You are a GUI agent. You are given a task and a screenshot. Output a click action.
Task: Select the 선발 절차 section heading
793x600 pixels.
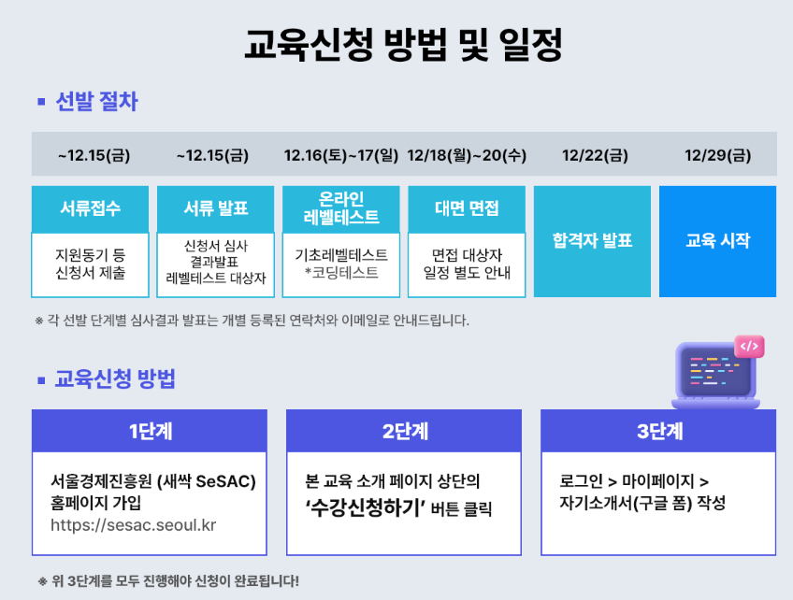tap(96, 101)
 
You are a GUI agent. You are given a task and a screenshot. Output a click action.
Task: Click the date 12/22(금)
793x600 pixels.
tap(592, 155)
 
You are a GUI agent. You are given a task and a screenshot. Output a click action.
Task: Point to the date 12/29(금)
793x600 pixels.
tap(717, 155)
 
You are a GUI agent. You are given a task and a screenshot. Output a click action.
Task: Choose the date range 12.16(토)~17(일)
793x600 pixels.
tap(341, 155)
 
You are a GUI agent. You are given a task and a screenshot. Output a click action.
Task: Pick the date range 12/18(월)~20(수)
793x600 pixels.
tap(467, 155)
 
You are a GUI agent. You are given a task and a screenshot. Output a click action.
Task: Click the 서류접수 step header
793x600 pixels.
tap(91, 208)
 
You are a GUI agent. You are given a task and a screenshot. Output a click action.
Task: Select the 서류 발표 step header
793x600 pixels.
tap(216, 208)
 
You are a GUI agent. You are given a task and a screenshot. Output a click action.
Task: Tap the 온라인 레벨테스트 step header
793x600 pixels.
tap(341, 208)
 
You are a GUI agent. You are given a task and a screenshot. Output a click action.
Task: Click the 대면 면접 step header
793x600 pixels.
tap(467, 208)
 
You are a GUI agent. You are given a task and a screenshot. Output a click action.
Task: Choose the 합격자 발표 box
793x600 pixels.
tap(592, 241)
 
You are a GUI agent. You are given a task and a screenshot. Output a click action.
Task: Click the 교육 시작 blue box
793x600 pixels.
tap(717, 241)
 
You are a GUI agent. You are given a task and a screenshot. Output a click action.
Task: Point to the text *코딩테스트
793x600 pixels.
tap(341, 273)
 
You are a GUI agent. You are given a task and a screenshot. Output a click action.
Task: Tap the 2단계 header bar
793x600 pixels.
tap(404, 431)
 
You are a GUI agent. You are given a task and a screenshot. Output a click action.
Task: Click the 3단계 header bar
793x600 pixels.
tap(658, 431)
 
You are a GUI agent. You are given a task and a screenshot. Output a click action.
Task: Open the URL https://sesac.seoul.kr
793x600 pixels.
tap(134, 524)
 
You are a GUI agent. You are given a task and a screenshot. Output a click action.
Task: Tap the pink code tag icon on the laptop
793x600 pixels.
tap(748, 347)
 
